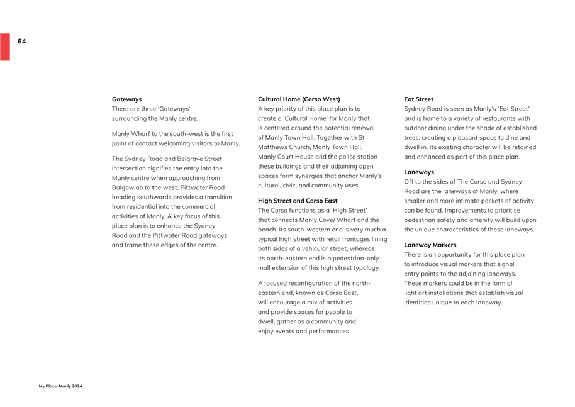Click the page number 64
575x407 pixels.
(x=22, y=41)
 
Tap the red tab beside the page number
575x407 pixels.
(x=5, y=47)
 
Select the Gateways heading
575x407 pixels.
(x=126, y=99)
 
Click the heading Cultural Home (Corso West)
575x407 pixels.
(x=299, y=99)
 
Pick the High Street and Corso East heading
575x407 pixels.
(x=298, y=201)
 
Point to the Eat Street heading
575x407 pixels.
(x=418, y=99)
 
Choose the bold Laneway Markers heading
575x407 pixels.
(x=430, y=245)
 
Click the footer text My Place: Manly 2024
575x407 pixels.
(x=60, y=386)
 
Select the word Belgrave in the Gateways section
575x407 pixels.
(x=187, y=159)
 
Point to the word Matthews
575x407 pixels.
(x=272, y=147)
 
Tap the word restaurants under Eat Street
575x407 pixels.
(x=498, y=118)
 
